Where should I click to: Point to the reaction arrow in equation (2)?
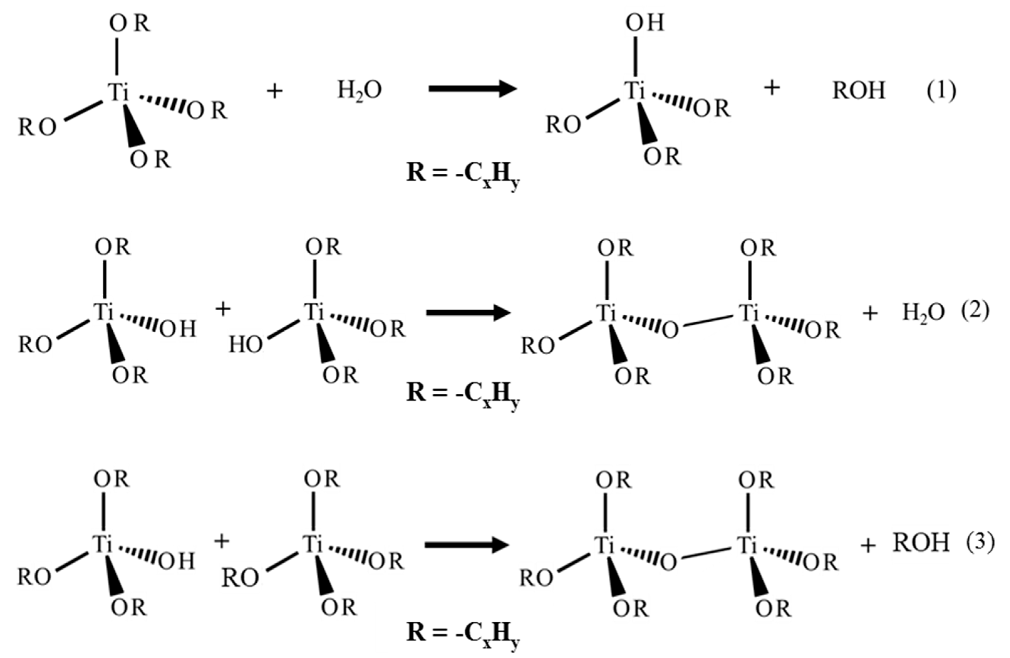click(468, 313)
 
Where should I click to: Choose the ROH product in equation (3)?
click(921, 543)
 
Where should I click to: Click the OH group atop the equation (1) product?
click(645, 23)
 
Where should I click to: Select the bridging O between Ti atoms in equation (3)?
click(668, 562)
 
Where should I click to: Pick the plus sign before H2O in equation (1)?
click(275, 91)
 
